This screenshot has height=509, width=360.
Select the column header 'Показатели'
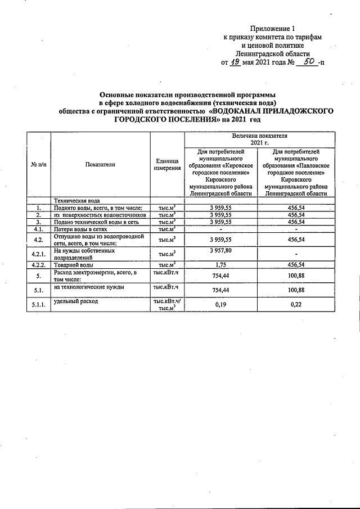100,164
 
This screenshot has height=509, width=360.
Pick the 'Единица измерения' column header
168,164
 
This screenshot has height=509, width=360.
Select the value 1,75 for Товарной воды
220,264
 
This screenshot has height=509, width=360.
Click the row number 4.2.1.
38,254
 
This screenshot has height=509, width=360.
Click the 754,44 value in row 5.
220,276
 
